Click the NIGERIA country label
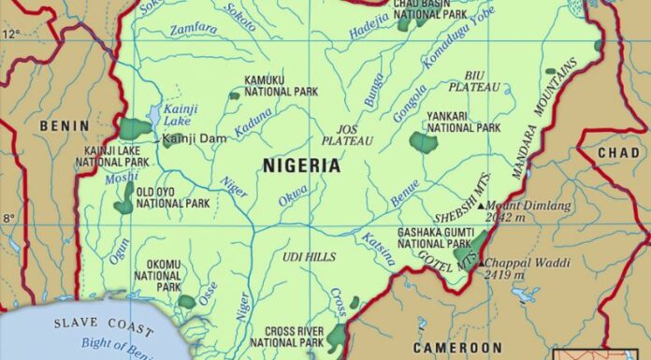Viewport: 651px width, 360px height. (x=301, y=166)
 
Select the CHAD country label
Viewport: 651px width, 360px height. (x=618, y=152)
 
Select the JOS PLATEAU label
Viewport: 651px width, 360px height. (x=347, y=134)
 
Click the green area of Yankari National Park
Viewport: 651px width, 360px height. (x=423, y=143)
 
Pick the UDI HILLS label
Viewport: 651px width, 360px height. (x=308, y=256)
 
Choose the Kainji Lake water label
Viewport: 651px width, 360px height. (x=175, y=114)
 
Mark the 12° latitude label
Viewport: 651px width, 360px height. (x=9, y=34)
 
